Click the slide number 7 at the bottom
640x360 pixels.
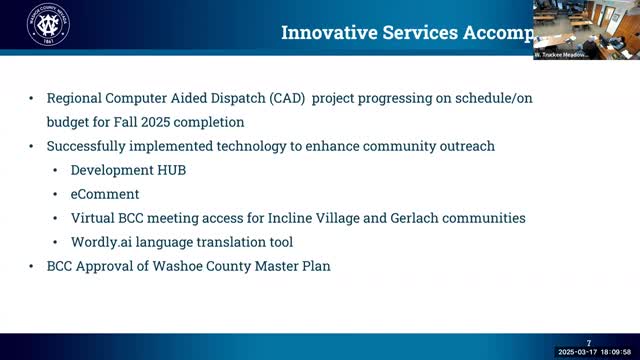click(x=589, y=342)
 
